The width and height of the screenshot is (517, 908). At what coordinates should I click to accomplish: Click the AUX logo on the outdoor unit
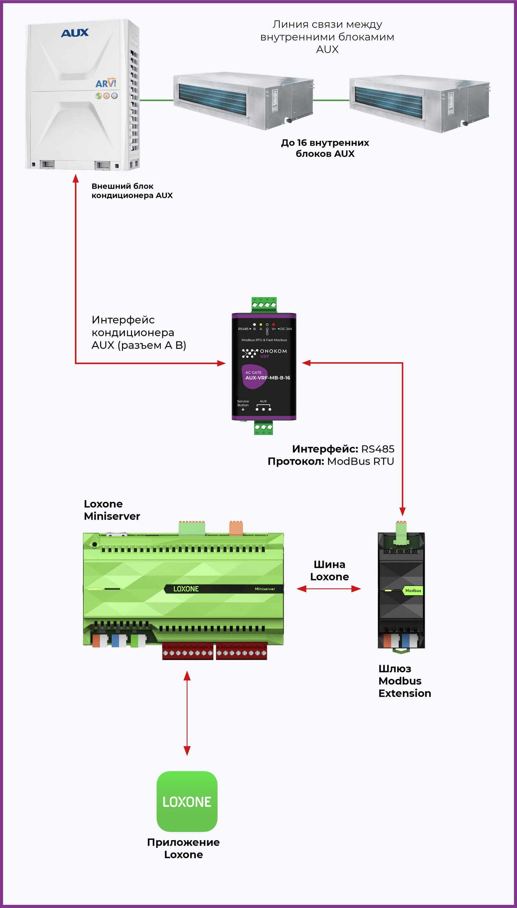pyautogui.click(x=74, y=33)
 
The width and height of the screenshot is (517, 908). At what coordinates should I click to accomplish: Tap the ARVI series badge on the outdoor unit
pyautogui.click(x=106, y=83)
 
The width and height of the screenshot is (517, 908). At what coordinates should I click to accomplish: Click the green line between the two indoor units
pyautogui.click(x=331, y=101)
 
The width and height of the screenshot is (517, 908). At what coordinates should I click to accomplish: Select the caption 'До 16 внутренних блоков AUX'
pyautogui.click(x=325, y=148)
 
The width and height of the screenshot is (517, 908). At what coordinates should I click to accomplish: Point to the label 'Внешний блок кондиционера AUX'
pyautogui.click(x=132, y=191)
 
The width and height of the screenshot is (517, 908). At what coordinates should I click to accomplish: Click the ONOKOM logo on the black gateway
pyautogui.click(x=265, y=353)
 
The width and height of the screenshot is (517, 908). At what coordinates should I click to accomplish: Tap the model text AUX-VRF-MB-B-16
pyautogui.click(x=267, y=378)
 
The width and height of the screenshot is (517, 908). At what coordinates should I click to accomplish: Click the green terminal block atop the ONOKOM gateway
pyautogui.click(x=264, y=305)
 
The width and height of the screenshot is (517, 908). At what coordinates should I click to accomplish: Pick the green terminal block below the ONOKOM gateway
pyautogui.click(x=263, y=427)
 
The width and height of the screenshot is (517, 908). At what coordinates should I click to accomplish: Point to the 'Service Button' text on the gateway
pyautogui.click(x=243, y=403)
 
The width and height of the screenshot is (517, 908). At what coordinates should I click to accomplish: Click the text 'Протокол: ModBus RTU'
pyautogui.click(x=331, y=461)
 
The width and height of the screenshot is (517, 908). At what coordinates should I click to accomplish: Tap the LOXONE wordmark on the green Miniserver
pyautogui.click(x=186, y=589)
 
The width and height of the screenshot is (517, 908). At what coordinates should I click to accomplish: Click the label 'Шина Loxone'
pyautogui.click(x=329, y=570)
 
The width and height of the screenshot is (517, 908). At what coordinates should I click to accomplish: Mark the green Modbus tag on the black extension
pyautogui.click(x=413, y=591)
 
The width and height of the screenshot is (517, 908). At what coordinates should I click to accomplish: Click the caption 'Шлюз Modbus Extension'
pyautogui.click(x=404, y=681)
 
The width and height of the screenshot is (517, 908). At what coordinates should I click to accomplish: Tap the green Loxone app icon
pyautogui.click(x=187, y=802)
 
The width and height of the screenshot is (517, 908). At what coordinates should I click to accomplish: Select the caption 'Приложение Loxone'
pyautogui.click(x=183, y=848)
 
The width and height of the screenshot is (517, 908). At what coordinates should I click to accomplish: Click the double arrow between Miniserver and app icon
pyautogui.click(x=187, y=713)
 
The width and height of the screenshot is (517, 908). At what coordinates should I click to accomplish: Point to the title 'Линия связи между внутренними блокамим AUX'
pyautogui.click(x=327, y=37)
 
